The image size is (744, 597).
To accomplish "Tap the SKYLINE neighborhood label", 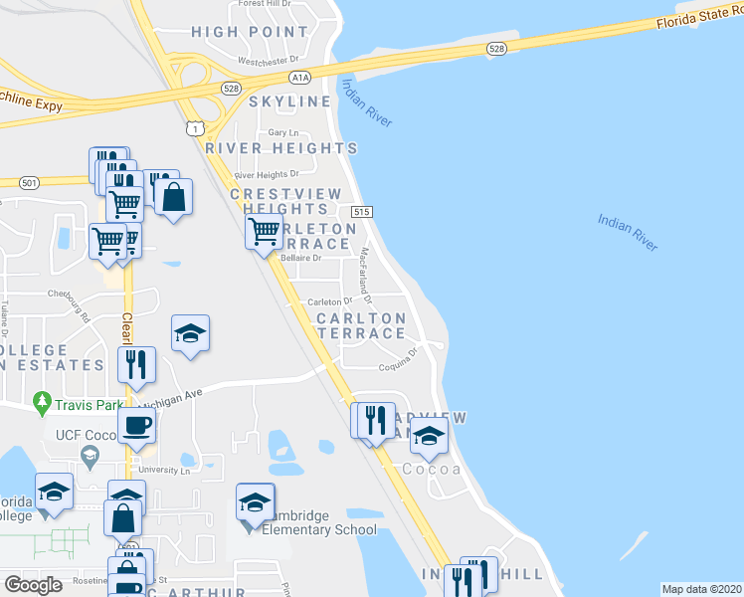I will (x=289, y=101).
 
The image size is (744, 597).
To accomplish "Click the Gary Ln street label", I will (x=283, y=132).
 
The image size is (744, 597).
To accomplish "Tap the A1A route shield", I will (x=301, y=76).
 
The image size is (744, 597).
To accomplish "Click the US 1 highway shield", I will (x=195, y=128).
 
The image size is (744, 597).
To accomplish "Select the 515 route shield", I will (x=362, y=212).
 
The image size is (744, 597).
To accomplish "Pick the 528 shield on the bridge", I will (x=496, y=48).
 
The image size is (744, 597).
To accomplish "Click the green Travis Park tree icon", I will (x=41, y=404).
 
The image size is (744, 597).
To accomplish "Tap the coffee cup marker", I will (x=136, y=426).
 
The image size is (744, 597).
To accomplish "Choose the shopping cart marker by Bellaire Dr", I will (x=264, y=233).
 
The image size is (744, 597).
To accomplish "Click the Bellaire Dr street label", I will (x=303, y=258).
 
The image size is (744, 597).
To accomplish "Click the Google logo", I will (x=34, y=585).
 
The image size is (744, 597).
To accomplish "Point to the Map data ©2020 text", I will (x=700, y=589).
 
